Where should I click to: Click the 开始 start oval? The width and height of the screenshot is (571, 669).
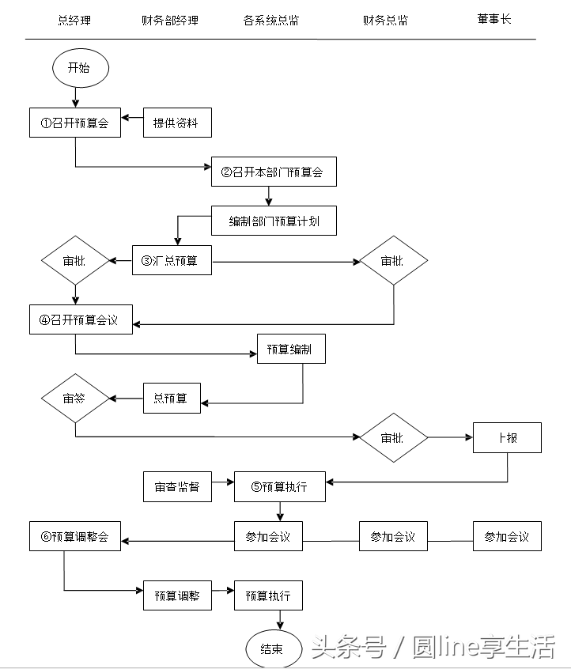pyautogui.click(x=79, y=68)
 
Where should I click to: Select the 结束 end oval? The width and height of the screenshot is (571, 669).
pyautogui.click(x=272, y=648)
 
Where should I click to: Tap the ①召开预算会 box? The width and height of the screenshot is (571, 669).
pyautogui.click(x=75, y=123)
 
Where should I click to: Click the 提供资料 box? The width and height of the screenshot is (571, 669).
pyautogui.click(x=177, y=123)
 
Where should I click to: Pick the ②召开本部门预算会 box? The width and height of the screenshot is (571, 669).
pyautogui.click(x=274, y=172)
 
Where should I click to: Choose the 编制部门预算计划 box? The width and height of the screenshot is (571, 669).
pyautogui.click(x=274, y=221)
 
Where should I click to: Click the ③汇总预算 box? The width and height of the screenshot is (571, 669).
pyautogui.click(x=172, y=260)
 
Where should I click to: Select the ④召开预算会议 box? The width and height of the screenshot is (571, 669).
pyautogui.click(x=81, y=319)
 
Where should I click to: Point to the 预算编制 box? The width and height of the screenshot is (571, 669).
pyautogui.click(x=291, y=349)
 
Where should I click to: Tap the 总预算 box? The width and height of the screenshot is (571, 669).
pyautogui.click(x=172, y=398)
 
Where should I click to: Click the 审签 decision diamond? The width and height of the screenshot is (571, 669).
pyautogui.click(x=75, y=398)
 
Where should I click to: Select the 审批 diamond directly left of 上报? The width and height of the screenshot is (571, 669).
pyautogui.click(x=393, y=437)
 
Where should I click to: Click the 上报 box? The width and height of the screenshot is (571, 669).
pyautogui.click(x=507, y=437)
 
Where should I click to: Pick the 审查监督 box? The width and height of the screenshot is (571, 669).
pyautogui.click(x=177, y=486)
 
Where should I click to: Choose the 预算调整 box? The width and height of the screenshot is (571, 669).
pyautogui.click(x=177, y=595)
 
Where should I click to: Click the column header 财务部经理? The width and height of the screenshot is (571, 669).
pyautogui.click(x=170, y=20)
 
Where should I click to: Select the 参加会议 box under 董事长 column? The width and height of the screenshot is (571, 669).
pyautogui.click(x=507, y=536)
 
